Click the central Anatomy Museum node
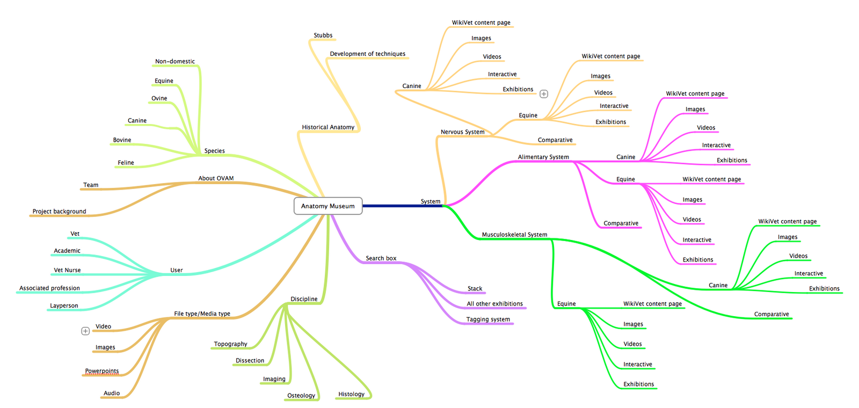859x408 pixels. [x=327, y=206]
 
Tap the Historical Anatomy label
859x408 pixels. [x=328, y=127]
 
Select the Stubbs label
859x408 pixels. [x=323, y=35]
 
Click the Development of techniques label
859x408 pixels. [x=368, y=54]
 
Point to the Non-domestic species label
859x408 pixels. [x=175, y=62]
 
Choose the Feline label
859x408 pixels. [x=126, y=163]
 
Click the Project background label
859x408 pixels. [x=59, y=212]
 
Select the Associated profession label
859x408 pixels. [x=49, y=288]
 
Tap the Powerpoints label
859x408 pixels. [x=102, y=371]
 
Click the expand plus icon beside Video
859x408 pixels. [x=85, y=331]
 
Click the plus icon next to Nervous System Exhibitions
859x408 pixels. [x=544, y=94]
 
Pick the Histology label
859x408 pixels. [x=351, y=394]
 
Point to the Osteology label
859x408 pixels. [x=301, y=396]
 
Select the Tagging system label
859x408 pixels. [x=488, y=319]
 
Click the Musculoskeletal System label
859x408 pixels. [x=514, y=235]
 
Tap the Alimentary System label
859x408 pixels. [x=543, y=157]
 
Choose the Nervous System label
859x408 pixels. [x=462, y=132]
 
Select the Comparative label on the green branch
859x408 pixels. [x=771, y=315]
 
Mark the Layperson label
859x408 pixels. [x=64, y=306]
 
